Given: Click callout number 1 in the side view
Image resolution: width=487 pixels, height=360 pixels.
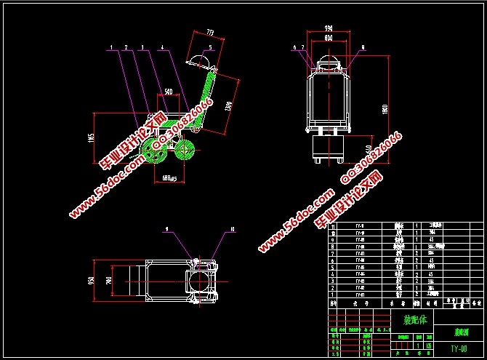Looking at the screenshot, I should pyautogui.click(x=111, y=47).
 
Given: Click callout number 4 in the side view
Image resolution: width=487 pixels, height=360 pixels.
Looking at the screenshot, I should pyautogui.click(x=161, y=47).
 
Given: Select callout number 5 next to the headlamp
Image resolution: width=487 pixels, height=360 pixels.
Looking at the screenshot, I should pyautogui.click(x=211, y=47).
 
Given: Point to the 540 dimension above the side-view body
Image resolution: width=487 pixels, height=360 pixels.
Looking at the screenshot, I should pyautogui.click(x=168, y=92).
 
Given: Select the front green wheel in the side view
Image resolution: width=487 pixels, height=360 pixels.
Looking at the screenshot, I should pyautogui.click(x=185, y=151).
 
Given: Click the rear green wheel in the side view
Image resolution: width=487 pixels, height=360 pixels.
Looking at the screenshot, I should pyautogui.click(x=154, y=152).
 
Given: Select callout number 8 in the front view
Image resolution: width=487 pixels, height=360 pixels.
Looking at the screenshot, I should pyautogui.click(x=363, y=47).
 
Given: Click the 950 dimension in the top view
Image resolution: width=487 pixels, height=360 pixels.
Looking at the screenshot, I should pyautogui.click(x=92, y=280).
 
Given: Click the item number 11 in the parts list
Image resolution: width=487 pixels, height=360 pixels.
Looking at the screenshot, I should pyautogui.click(x=334, y=226).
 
